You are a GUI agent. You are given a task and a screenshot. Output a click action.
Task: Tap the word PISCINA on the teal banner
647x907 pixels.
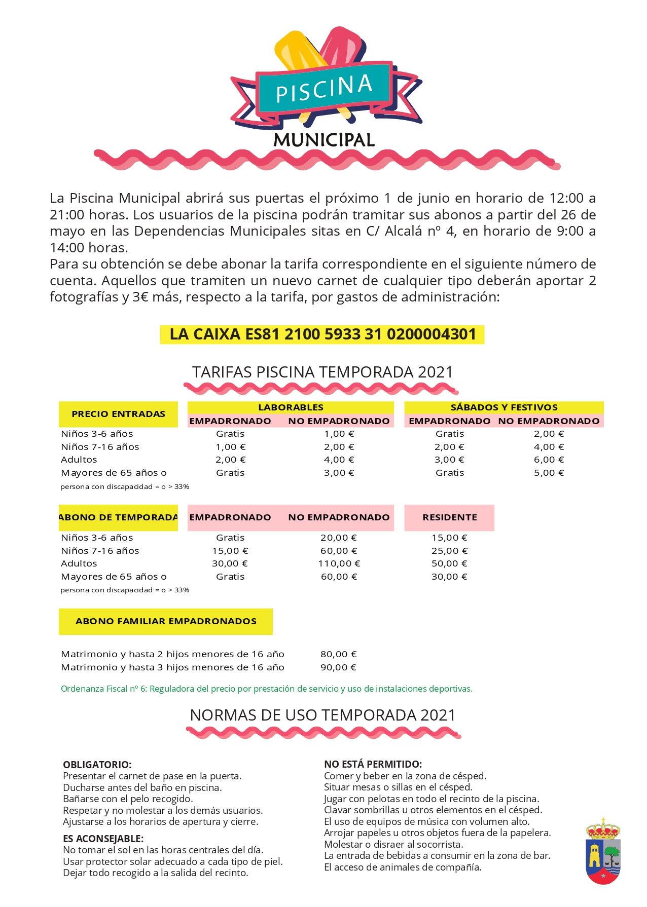pyautogui.click(x=324, y=89)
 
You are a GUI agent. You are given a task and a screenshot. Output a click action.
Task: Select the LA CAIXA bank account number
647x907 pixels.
pyautogui.click(x=322, y=334)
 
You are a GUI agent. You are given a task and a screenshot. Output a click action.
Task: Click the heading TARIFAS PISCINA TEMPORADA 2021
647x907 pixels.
pyautogui.click(x=322, y=372)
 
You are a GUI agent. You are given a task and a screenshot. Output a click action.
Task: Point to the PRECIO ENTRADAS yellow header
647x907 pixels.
pyautogui.click(x=118, y=414)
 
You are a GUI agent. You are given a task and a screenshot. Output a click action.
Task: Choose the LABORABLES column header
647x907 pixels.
pyautogui.click(x=291, y=407)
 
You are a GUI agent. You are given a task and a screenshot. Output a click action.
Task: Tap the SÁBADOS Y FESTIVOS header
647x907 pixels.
pyautogui.click(x=504, y=407)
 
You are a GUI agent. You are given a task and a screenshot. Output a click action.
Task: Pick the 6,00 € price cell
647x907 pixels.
pyautogui.click(x=549, y=460)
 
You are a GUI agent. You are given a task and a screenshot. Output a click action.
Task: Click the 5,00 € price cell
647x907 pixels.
pyautogui.click(x=549, y=473)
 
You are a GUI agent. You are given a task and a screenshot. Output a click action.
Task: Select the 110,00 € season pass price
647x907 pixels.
pyautogui.click(x=339, y=563)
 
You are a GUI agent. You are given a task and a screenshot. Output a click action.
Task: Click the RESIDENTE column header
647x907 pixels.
pyautogui.click(x=450, y=517)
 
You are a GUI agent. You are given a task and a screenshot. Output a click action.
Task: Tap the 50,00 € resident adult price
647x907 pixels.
pyautogui.click(x=449, y=563)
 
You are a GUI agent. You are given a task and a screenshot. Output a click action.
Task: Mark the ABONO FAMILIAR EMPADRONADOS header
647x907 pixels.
pyautogui.click(x=166, y=621)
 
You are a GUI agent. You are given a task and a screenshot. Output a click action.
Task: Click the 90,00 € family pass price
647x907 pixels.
pyautogui.click(x=338, y=667)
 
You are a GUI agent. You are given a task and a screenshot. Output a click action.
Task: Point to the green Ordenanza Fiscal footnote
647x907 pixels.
pyautogui.click(x=267, y=689)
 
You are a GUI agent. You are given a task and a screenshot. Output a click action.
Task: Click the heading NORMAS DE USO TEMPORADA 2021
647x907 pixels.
pyautogui.click(x=322, y=715)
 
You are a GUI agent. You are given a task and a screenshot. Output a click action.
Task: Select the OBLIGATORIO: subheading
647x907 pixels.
pyautogui.click(x=97, y=765)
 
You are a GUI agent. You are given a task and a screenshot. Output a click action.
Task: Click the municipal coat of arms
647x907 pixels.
pyautogui.click(x=603, y=852)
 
